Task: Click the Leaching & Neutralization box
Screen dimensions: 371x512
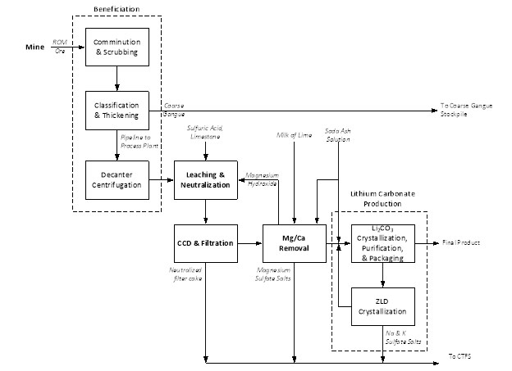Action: point(205,179)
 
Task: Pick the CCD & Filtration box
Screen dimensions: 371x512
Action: point(205,242)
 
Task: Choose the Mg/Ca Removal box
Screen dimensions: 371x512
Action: point(294,242)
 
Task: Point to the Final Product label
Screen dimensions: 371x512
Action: point(461,242)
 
